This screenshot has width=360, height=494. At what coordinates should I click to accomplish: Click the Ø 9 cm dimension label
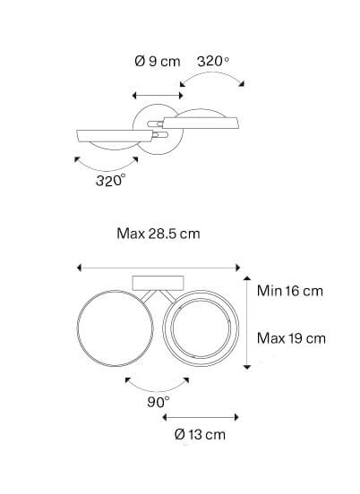pyautogui.click(x=158, y=61)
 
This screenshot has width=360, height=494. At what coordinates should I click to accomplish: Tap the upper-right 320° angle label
pyautogui.click(x=213, y=61)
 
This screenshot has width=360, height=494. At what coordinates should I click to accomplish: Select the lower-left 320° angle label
pyautogui.click(x=111, y=181)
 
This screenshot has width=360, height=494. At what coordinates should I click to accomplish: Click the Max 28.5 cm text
pyautogui.click(x=159, y=234)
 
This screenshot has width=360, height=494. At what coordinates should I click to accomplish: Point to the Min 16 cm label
pyautogui.click(x=290, y=291)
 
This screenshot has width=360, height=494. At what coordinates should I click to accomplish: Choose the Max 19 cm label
pyautogui.click(x=291, y=338)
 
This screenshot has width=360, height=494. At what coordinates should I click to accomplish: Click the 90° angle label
pyautogui.click(x=159, y=402)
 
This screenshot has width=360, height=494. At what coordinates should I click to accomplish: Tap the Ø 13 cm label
pyautogui.click(x=200, y=435)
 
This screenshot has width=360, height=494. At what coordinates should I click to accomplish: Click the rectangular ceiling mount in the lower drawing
pyautogui.click(x=158, y=283)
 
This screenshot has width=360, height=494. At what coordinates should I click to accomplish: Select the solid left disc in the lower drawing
pyautogui.click(x=115, y=328)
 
